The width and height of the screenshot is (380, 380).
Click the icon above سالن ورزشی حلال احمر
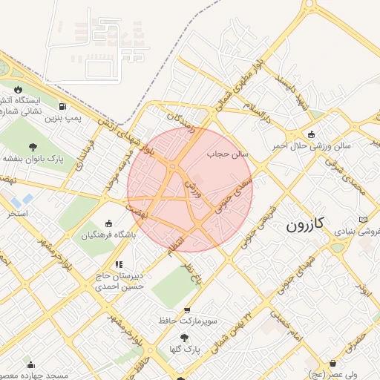click(311, 134)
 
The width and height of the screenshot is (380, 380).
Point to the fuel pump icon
click(62, 106)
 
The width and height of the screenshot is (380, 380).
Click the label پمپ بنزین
click(62, 117)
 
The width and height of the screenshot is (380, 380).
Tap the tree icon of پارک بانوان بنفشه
click(33, 147)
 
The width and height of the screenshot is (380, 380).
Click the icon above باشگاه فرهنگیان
click(109, 224)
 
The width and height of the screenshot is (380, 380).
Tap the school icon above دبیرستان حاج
click(118, 263)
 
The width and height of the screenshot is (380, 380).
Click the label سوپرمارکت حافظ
click(187, 321)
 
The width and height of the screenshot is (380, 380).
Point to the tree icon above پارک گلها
click(184, 338)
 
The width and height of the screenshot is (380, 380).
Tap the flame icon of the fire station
click(17, 90)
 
